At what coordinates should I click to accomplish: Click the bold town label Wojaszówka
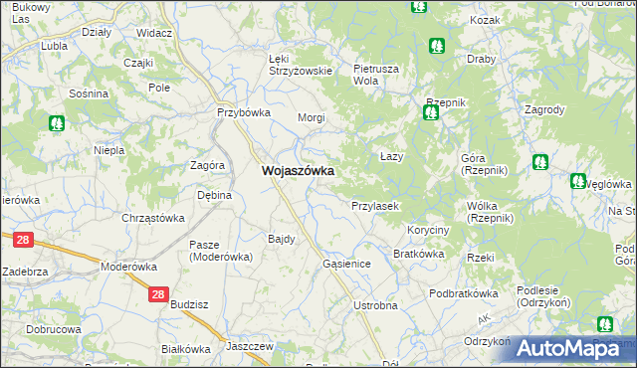coord(297,171)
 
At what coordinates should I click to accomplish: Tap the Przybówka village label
coord(244,112)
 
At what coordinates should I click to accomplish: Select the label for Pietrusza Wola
coord(375,75)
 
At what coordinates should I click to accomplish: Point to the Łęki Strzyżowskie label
coord(300,65)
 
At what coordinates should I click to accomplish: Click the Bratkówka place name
coord(418,254)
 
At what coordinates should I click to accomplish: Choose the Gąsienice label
coord(347,265)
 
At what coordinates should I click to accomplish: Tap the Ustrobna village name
coord(375,304)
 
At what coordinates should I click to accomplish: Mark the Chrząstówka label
coord(153,218)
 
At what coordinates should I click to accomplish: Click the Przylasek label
coord(375,206)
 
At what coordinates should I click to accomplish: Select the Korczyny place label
coord(428,230)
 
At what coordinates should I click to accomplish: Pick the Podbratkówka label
coord(463,293)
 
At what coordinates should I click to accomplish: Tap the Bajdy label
coord(281,239)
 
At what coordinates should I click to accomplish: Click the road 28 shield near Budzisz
coord(158,294)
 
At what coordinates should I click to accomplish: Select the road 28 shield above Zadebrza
coord(24,240)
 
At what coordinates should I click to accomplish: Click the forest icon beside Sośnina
coord(56,123)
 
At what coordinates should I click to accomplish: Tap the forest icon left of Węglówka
coord(578,181)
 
